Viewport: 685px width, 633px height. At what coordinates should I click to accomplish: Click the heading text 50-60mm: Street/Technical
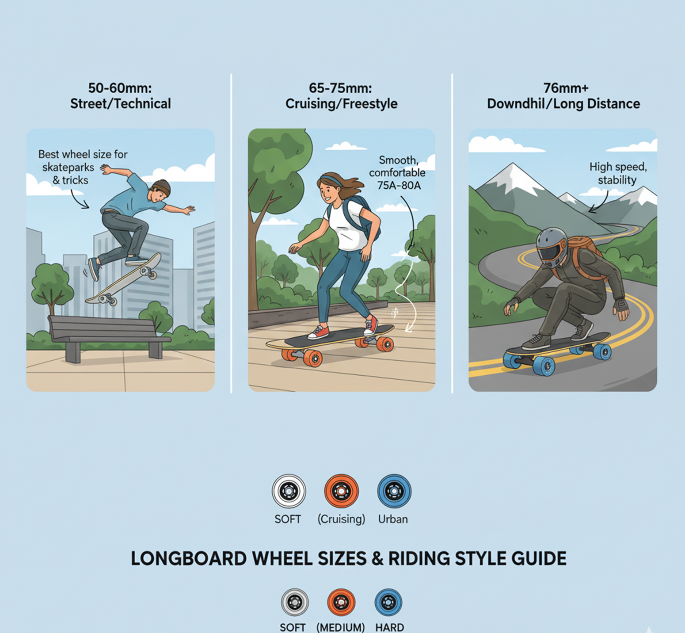120,96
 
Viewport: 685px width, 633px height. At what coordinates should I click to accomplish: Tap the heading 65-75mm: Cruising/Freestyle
341,96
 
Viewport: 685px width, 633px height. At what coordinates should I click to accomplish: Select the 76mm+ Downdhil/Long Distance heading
563,96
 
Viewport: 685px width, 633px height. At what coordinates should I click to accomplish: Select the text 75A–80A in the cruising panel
399,186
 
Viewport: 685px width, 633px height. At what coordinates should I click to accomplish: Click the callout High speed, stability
618,173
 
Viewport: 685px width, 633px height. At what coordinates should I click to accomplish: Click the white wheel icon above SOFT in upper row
289,491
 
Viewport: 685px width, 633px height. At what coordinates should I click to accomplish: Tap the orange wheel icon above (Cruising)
341,491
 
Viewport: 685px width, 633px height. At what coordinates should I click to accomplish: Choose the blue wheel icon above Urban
394,491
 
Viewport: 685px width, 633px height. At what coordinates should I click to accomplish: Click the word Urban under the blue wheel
393,519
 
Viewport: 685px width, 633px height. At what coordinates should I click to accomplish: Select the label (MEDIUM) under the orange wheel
341,628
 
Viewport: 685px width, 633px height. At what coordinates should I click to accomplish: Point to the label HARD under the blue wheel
389,628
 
